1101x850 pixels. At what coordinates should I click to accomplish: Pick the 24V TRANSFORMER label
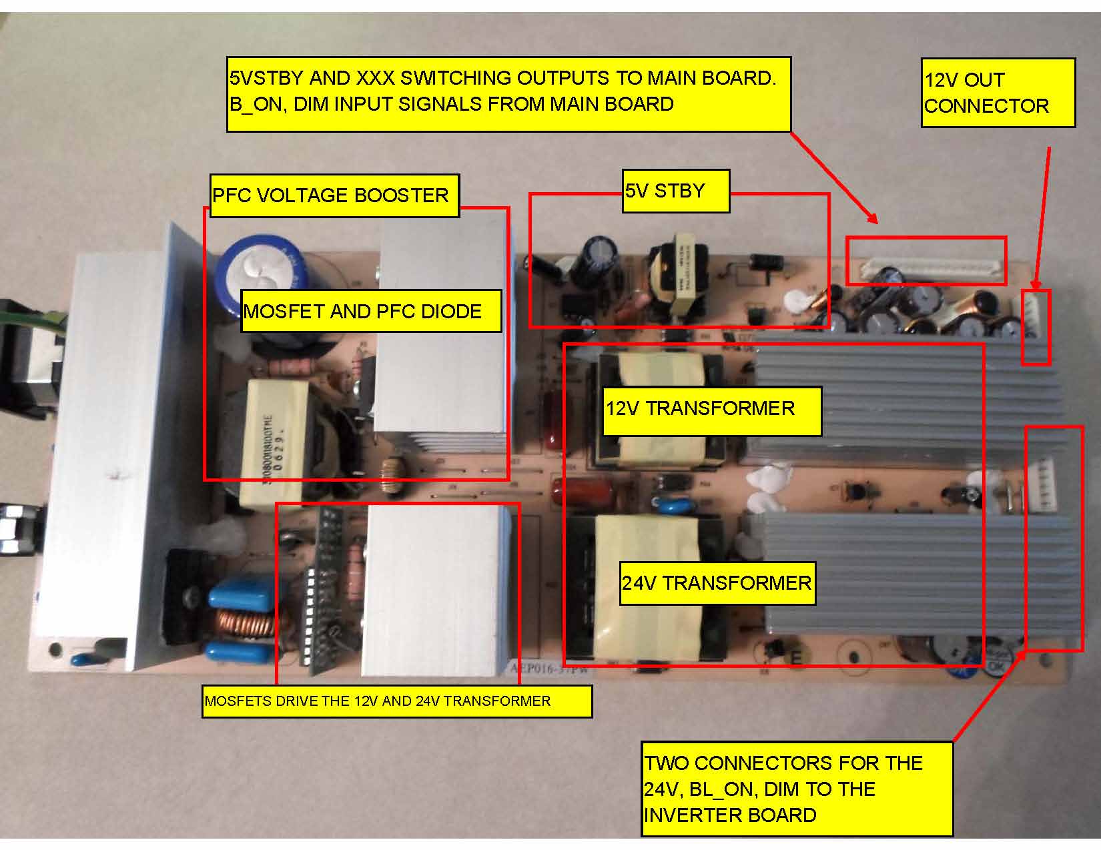click(717, 583)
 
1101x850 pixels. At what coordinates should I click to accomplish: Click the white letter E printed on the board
click(795, 659)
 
